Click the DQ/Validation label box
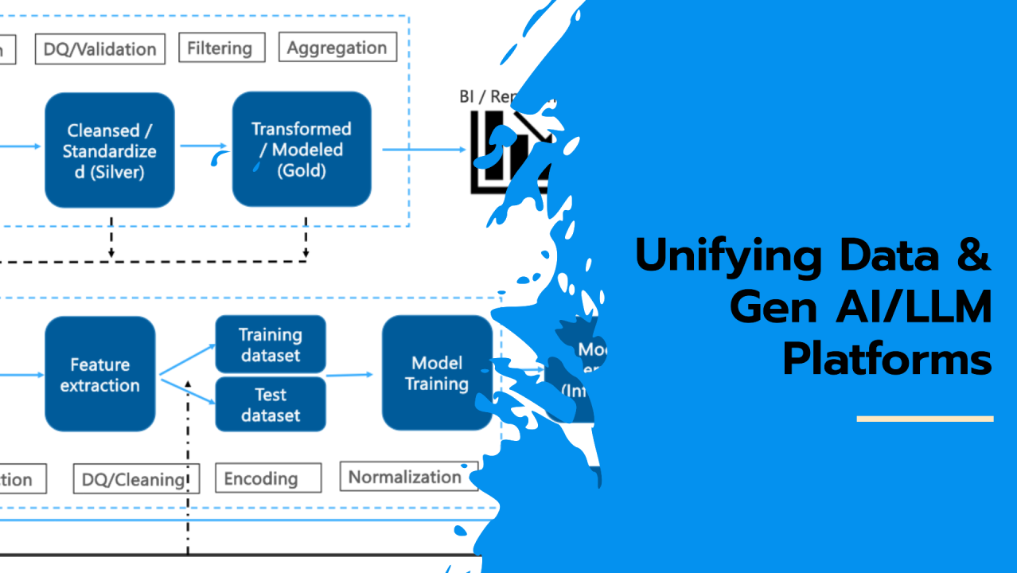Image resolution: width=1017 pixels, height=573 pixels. pyautogui.click(x=100, y=49)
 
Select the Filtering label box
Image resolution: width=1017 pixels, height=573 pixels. pyautogui.click(x=220, y=48)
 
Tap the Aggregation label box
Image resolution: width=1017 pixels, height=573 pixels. pyautogui.click(x=337, y=47)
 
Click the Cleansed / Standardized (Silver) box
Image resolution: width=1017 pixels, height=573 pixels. pyautogui.click(x=110, y=150)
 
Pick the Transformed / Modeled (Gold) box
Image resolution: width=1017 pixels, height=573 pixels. pyautogui.click(x=302, y=149)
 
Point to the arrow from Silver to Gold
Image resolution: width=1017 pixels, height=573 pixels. pyautogui.click(x=203, y=146)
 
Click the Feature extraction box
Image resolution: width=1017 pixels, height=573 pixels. pyautogui.click(x=100, y=375)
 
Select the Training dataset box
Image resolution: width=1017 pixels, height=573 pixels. pyautogui.click(x=271, y=345)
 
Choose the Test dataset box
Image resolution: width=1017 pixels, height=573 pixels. pyautogui.click(x=271, y=404)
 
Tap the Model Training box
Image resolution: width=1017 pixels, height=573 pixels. pyautogui.click(x=437, y=373)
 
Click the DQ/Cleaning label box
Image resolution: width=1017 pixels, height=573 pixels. pyautogui.click(x=135, y=479)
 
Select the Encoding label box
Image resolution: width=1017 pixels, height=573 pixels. pyautogui.click(x=261, y=478)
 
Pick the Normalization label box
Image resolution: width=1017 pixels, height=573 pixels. pyautogui.click(x=405, y=477)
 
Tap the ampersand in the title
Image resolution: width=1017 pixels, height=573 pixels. pyautogui.click(x=972, y=256)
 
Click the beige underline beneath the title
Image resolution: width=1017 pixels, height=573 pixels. pyautogui.click(x=925, y=418)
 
